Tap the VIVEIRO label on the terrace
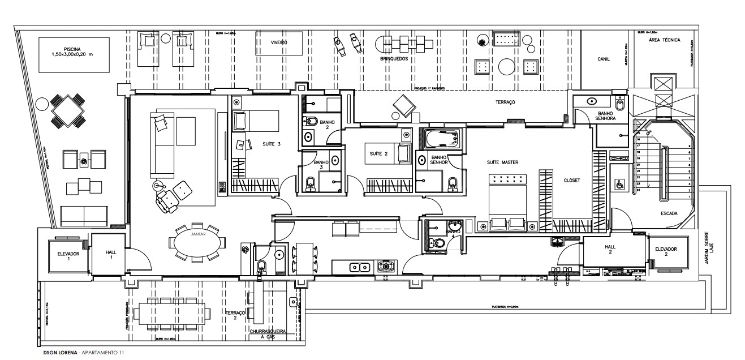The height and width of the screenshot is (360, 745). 279,42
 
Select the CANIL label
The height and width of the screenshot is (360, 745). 603,59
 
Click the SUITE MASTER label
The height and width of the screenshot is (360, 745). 502,162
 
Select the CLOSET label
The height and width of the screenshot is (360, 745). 571,181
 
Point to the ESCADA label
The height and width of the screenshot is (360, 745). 670,214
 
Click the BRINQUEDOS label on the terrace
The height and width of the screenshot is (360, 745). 394,58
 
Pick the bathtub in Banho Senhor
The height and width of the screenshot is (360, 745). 440,138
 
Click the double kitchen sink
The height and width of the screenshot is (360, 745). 359,267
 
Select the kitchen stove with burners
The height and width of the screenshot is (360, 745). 387,266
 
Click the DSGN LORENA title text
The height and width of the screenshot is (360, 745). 61,353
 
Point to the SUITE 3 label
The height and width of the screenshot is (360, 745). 272,144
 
